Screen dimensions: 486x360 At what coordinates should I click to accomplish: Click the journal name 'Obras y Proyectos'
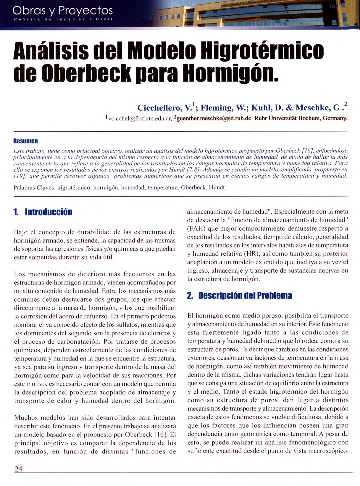coord(62,11)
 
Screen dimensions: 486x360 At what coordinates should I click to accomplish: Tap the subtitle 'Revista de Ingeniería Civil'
coord(62,20)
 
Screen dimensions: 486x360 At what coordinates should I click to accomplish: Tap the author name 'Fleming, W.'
coord(224,107)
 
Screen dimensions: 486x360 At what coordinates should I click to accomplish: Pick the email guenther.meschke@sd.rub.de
coord(213,118)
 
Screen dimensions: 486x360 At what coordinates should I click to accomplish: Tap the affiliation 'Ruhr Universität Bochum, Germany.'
coord(301,118)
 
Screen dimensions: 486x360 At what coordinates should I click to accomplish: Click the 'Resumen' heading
coord(25,141)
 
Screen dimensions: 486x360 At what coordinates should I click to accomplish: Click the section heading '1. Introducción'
coord(43,212)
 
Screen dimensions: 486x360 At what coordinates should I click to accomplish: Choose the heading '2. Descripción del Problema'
coord(239,295)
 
